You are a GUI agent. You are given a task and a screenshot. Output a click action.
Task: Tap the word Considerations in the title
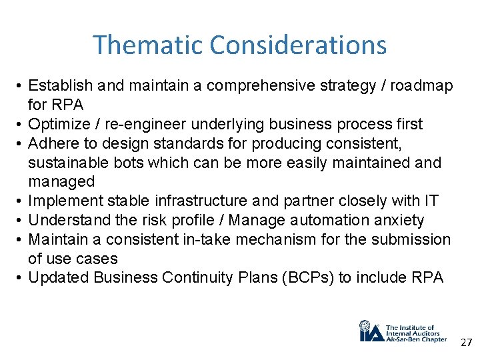(297, 45)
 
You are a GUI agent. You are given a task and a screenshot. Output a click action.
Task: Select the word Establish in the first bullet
(61, 85)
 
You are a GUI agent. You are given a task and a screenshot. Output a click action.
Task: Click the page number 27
(465, 342)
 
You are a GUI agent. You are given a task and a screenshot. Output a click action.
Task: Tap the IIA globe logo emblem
(369, 331)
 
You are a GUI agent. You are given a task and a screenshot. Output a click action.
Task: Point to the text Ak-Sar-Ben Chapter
(416, 339)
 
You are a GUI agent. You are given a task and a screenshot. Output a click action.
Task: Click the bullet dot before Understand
(21, 220)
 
